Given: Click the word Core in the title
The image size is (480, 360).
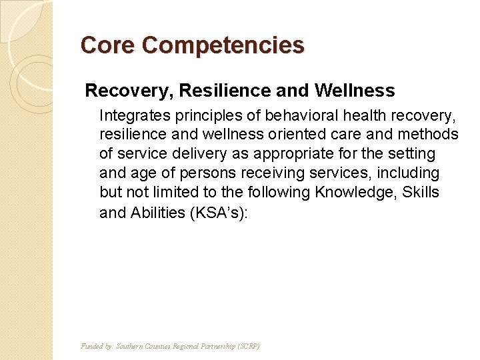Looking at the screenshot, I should click(x=107, y=45).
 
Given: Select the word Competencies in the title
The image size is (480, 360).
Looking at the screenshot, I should click(x=223, y=45).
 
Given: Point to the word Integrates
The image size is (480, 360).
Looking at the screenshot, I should click(x=132, y=115).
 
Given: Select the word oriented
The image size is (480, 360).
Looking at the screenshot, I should click(x=299, y=135).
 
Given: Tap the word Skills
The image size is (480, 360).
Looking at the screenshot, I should click(x=421, y=193).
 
